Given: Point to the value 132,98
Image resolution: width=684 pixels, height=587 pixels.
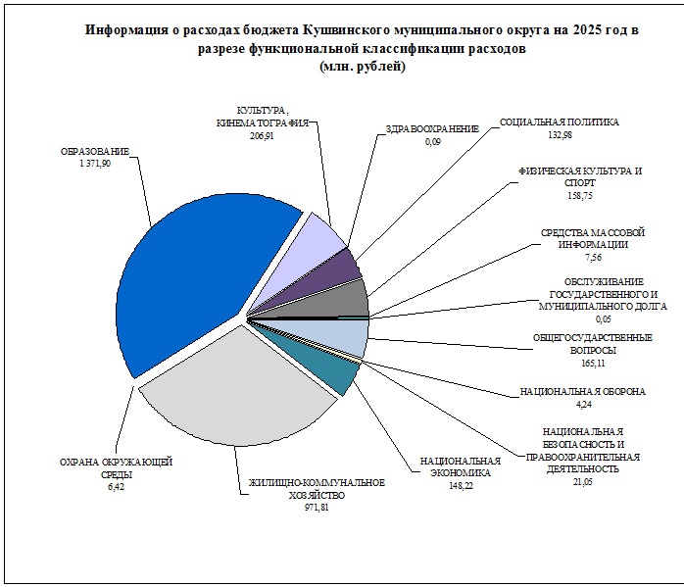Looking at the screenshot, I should click(x=558, y=135).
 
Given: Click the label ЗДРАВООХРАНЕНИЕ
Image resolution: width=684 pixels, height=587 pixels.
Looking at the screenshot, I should click(x=432, y=129).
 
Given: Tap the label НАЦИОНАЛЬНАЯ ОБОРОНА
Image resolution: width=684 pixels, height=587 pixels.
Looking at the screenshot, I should click(x=582, y=392).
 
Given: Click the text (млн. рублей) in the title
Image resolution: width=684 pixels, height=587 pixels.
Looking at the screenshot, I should click(x=362, y=67).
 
